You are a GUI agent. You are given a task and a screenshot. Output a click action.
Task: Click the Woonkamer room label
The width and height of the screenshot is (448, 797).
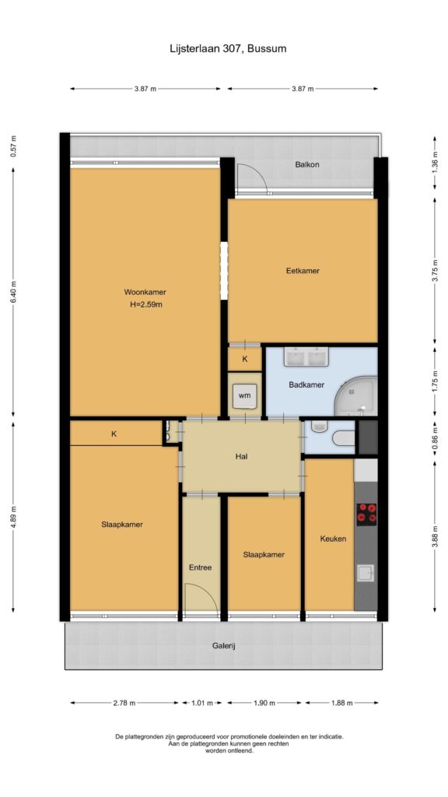[145, 293]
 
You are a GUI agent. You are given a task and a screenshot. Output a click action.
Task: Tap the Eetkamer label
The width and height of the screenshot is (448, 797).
[303, 271]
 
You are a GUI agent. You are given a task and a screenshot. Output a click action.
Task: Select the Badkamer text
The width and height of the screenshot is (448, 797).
[306, 384]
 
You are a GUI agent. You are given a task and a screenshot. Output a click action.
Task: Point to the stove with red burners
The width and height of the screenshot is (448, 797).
[366, 514]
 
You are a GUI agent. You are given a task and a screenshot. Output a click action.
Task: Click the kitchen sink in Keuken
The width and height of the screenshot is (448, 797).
[366, 573]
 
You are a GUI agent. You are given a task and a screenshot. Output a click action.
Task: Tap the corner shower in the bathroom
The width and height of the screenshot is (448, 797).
[358, 397]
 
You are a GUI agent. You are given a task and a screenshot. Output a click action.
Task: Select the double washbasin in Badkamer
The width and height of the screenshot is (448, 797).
[306, 356]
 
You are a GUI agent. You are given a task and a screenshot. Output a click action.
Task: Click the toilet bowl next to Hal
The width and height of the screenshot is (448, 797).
[343, 437]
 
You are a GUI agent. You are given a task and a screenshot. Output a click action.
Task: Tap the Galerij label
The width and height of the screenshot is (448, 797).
[224, 646]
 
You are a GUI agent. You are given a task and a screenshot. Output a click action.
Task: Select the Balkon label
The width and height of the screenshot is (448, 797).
[307, 165]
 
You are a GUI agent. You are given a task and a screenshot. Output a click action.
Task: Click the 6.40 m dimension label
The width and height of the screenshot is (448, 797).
[14, 292]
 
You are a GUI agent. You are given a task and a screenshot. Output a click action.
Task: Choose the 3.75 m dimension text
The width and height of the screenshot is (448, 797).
[434, 271]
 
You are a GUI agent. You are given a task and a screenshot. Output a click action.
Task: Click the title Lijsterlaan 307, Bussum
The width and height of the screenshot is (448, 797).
[228, 49]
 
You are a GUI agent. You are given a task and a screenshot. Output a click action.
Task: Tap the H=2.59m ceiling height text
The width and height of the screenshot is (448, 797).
[145, 305]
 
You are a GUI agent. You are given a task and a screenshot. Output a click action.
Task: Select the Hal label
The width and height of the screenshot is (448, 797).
[241, 456]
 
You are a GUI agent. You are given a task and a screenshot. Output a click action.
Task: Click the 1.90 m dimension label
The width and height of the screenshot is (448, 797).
[264, 703]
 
